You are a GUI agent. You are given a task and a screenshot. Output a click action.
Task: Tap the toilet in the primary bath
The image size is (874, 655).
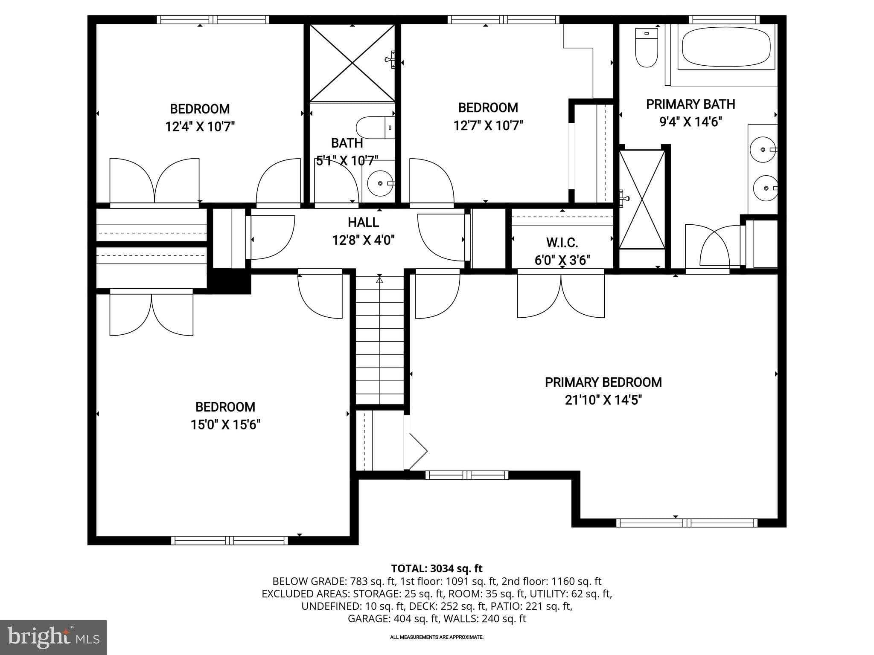click(x=646, y=47)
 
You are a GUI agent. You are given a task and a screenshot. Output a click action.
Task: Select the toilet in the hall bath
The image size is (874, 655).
click(x=375, y=127)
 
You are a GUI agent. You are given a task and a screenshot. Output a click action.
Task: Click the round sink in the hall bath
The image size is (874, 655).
click(x=380, y=183)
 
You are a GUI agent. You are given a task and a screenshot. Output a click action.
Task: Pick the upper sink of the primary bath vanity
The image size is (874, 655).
click(x=763, y=149)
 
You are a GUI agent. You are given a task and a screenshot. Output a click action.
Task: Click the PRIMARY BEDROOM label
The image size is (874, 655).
click(x=603, y=382)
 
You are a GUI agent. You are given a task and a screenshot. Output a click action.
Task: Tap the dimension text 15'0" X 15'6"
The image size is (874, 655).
click(x=225, y=425)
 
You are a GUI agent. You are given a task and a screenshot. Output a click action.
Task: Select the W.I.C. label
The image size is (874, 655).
click(x=562, y=243)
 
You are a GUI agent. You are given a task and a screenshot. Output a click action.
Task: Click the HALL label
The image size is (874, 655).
click(x=363, y=222)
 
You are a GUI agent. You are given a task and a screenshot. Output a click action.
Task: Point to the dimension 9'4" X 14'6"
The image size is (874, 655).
click(x=690, y=122)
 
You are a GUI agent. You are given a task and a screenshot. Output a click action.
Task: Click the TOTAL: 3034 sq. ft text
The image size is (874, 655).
click(x=437, y=568)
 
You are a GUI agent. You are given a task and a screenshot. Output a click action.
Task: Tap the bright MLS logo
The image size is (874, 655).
click(x=53, y=637)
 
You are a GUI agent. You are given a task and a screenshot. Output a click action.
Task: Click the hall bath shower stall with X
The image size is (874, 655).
click(x=352, y=63)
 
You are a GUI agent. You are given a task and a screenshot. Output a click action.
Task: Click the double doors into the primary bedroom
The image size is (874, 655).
click(x=561, y=295)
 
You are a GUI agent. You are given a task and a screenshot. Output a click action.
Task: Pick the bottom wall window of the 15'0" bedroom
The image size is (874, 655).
click(x=230, y=541)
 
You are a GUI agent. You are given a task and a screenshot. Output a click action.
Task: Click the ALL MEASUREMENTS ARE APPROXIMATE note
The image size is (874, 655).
click(x=437, y=637)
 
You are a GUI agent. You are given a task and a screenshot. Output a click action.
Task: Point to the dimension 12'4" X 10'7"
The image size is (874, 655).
click(x=200, y=127)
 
